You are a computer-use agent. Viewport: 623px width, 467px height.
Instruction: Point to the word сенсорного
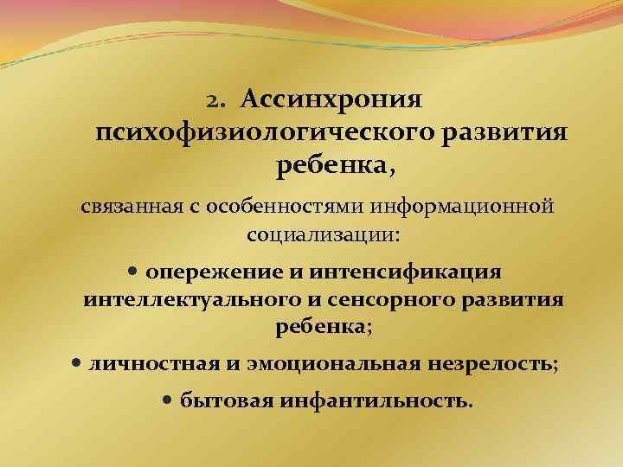pyautogui.click(x=397, y=300)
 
